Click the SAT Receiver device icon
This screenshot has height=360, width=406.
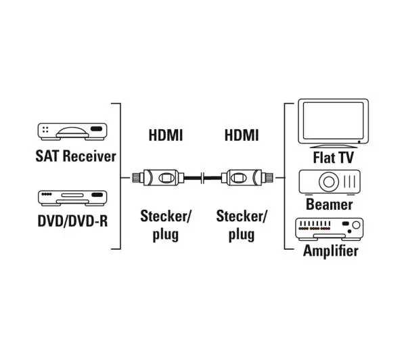pyautogui.click(x=72, y=132)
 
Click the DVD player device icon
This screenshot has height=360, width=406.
pyautogui.click(x=72, y=198)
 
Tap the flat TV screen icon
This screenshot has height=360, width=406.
pyautogui.click(x=333, y=123)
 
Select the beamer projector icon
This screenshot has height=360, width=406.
pyautogui.click(x=330, y=182)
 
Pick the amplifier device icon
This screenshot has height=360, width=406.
pyautogui.click(x=330, y=229)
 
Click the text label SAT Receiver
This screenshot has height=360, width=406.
pyautogui.click(x=76, y=156)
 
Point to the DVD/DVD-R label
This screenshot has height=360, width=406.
pyautogui.click(x=72, y=221)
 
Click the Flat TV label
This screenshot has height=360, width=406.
pyautogui.click(x=333, y=158)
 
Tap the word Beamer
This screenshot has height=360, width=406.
pyautogui.click(x=329, y=204)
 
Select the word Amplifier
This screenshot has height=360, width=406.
pyautogui.click(x=331, y=250)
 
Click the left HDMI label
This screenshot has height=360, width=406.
pyautogui.click(x=166, y=135)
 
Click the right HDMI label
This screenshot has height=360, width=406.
pyautogui.click(x=242, y=135)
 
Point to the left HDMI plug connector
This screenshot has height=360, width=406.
pyautogui.click(x=158, y=178)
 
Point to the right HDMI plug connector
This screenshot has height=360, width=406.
pyautogui.click(x=247, y=178)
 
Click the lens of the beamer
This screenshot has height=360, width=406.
pyautogui.click(x=329, y=181)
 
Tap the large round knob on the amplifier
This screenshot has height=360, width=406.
pyautogui.click(x=357, y=225)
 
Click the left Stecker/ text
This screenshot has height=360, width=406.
pyautogui.click(x=166, y=217)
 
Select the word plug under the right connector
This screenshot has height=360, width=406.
pyautogui.click(x=242, y=235)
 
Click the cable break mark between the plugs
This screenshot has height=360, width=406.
pyautogui.click(x=203, y=178)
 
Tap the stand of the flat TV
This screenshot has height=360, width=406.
pyautogui.click(x=333, y=146)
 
